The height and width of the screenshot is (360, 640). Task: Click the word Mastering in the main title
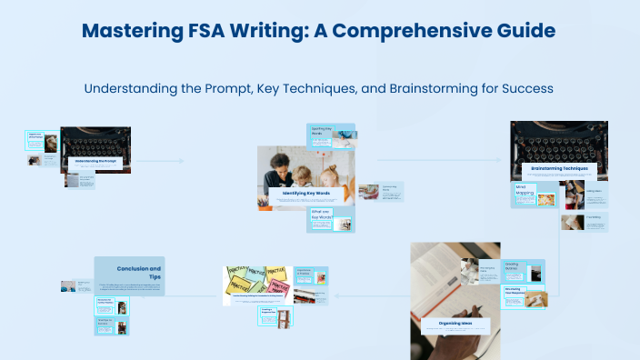click(x=130, y=32)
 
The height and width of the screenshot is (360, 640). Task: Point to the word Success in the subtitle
click(x=522, y=89)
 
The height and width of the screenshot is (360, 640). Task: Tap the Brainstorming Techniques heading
click(x=559, y=168)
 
